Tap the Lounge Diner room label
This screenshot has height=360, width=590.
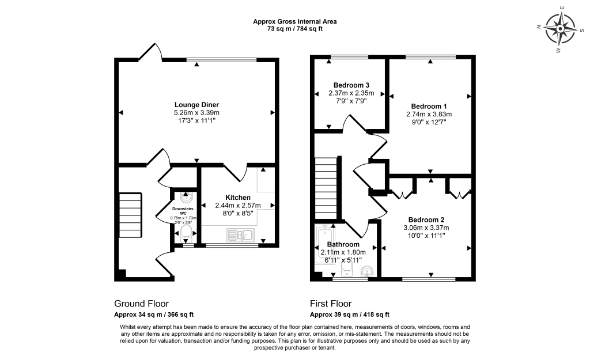pos(196,104)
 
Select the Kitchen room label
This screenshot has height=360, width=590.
pos(238,198)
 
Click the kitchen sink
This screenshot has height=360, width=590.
pos(241,234)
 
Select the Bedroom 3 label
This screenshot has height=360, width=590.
pos(351,85)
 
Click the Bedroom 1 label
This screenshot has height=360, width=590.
pos(429,106)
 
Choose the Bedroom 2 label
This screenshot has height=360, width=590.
pos(426,220)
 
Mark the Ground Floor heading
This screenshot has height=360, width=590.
pos(141,304)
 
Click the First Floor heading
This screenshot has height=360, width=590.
pos(331,304)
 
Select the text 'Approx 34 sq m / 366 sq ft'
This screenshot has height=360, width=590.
pos(154,314)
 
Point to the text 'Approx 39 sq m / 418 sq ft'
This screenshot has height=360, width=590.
pos(350,314)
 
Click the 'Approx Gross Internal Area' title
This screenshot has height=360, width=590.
pos(295,21)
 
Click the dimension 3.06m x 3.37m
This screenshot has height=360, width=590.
pos(426,228)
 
